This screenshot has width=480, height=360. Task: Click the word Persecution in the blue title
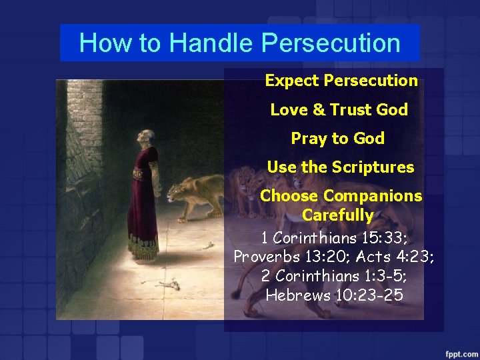pyautogui.click(x=331, y=43)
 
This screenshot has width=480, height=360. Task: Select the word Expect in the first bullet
pyautogui.click(x=292, y=81)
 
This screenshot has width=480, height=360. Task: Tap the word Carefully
pyautogui.click(x=337, y=215)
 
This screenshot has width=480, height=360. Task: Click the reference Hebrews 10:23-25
pyautogui.click(x=334, y=295)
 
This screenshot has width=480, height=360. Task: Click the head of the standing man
pyautogui.click(x=141, y=136)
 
